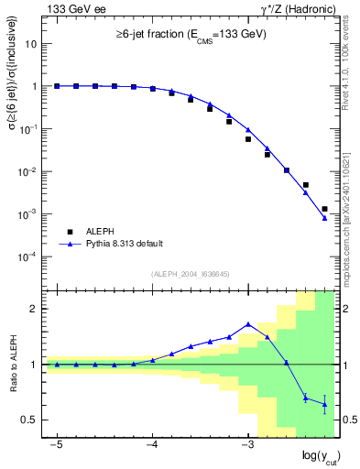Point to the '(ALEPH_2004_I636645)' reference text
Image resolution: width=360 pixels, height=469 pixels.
pos(190,273)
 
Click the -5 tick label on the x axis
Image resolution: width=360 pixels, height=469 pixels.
pos(57,443)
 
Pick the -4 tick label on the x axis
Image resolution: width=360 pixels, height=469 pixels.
pos(152,443)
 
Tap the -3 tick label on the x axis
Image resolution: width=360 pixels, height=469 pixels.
pos(247,443)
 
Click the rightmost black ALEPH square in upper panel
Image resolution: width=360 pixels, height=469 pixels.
pos(324,209)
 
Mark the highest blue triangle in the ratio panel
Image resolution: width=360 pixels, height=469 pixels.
pos(248,324)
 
